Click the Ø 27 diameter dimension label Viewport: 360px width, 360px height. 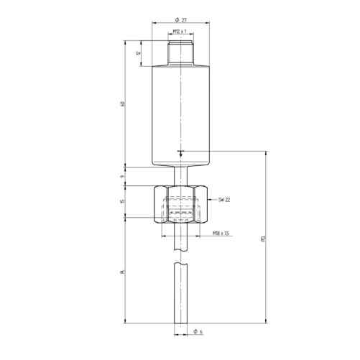coord(180,19)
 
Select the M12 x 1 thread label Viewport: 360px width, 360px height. coord(180,33)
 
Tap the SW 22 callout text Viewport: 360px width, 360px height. coord(224,200)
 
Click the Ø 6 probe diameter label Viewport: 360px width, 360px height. coord(198,331)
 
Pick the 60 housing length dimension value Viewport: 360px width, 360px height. coord(123,106)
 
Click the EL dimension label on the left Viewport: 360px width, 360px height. coord(123,272)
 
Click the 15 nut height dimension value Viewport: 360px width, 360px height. coord(123,202)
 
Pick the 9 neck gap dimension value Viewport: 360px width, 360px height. coord(123,175)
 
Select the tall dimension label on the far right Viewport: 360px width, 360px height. coord(263,237)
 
